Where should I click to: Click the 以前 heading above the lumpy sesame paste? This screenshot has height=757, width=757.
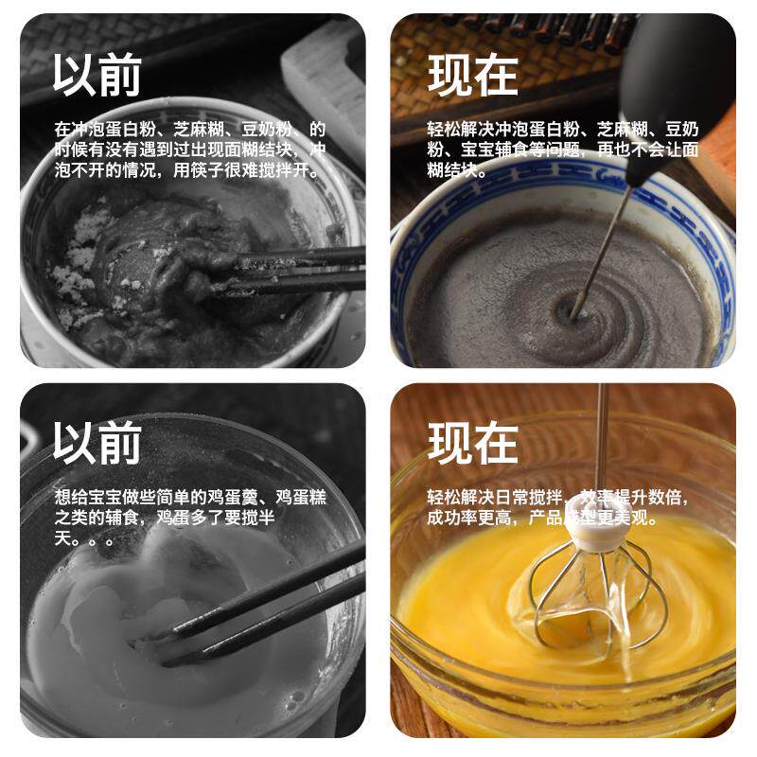[x=97, y=76]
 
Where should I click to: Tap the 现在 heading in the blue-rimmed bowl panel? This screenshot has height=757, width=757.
[x=472, y=76]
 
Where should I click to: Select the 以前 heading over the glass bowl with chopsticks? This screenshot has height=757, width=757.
[x=97, y=442]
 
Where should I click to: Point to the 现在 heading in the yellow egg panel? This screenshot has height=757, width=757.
[x=472, y=443]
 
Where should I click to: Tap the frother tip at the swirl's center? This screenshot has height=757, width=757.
[x=574, y=314]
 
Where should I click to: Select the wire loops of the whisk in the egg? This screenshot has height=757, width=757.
[x=598, y=599]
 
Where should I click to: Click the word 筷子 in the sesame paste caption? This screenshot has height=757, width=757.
[x=207, y=170]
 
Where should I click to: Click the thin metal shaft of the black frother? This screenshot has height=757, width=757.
[x=604, y=251]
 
